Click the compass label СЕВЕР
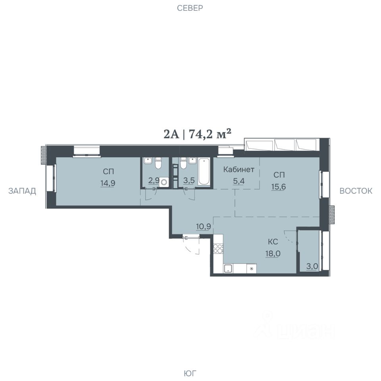click(x=190, y=8)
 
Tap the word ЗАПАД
click(x=22, y=191)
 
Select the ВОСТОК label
click(x=356, y=191)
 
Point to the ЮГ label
click(x=190, y=373)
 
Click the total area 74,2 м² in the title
click(x=210, y=134)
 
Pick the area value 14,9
click(x=108, y=183)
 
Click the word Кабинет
click(x=239, y=169)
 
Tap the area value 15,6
click(x=279, y=187)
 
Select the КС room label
click(x=273, y=242)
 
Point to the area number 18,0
click(x=273, y=254)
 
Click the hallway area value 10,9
click(x=203, y=227)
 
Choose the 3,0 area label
click(x=312, y=266)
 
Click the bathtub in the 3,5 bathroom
click(x=204, y=172)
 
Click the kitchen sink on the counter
click(x=228, y=269)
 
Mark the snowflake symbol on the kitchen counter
click(x=252, y=269)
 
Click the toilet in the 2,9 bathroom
click(x=158, y=163)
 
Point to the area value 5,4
click(x=239, y=181)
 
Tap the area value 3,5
click(x=189, y=181)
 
